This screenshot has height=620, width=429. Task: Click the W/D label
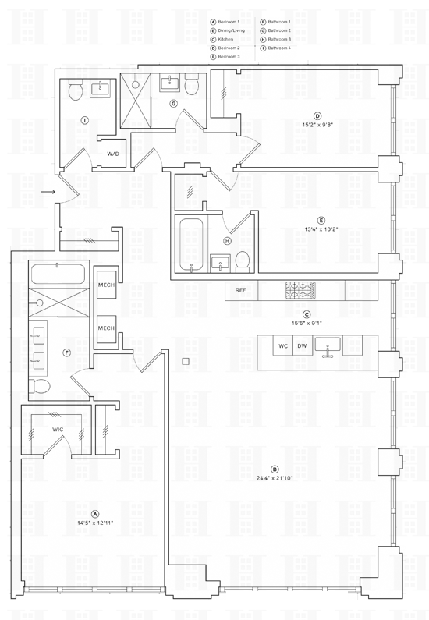click(112, 154)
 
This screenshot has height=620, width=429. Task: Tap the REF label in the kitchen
click(241, 290)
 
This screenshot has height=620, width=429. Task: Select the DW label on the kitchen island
click(302, 346)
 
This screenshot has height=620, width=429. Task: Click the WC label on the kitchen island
click(283, 346)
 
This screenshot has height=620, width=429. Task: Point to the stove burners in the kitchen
click(300, 290)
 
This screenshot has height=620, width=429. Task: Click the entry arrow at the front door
click(48, 192)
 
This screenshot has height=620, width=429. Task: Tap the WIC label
click(58, 430)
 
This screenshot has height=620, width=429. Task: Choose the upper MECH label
click(106, 285)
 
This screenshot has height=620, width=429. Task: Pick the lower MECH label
click(106, 328)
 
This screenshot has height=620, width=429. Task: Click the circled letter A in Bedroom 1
click(95, 514)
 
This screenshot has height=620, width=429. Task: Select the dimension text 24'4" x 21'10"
click(275, 477)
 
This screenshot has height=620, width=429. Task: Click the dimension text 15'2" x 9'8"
click(317, 124)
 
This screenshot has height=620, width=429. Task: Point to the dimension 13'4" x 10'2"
click(321, 229)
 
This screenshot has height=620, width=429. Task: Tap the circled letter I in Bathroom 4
click(84, 119)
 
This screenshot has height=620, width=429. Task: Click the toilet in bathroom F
click(39, 385)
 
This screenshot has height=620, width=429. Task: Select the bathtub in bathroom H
click(191, 245)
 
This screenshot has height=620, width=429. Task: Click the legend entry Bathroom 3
click(275, 40)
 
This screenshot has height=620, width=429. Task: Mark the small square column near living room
click(186, 361)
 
